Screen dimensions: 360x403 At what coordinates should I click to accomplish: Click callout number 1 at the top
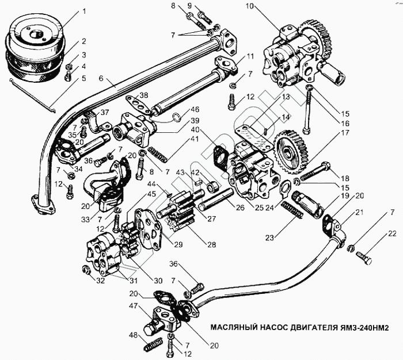[84, 10]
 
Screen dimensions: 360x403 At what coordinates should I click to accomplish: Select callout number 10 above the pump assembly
[249, 7]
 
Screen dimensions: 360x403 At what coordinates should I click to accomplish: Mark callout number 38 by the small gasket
[144, 94]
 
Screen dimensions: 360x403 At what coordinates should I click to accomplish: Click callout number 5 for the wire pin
[84, 78]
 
